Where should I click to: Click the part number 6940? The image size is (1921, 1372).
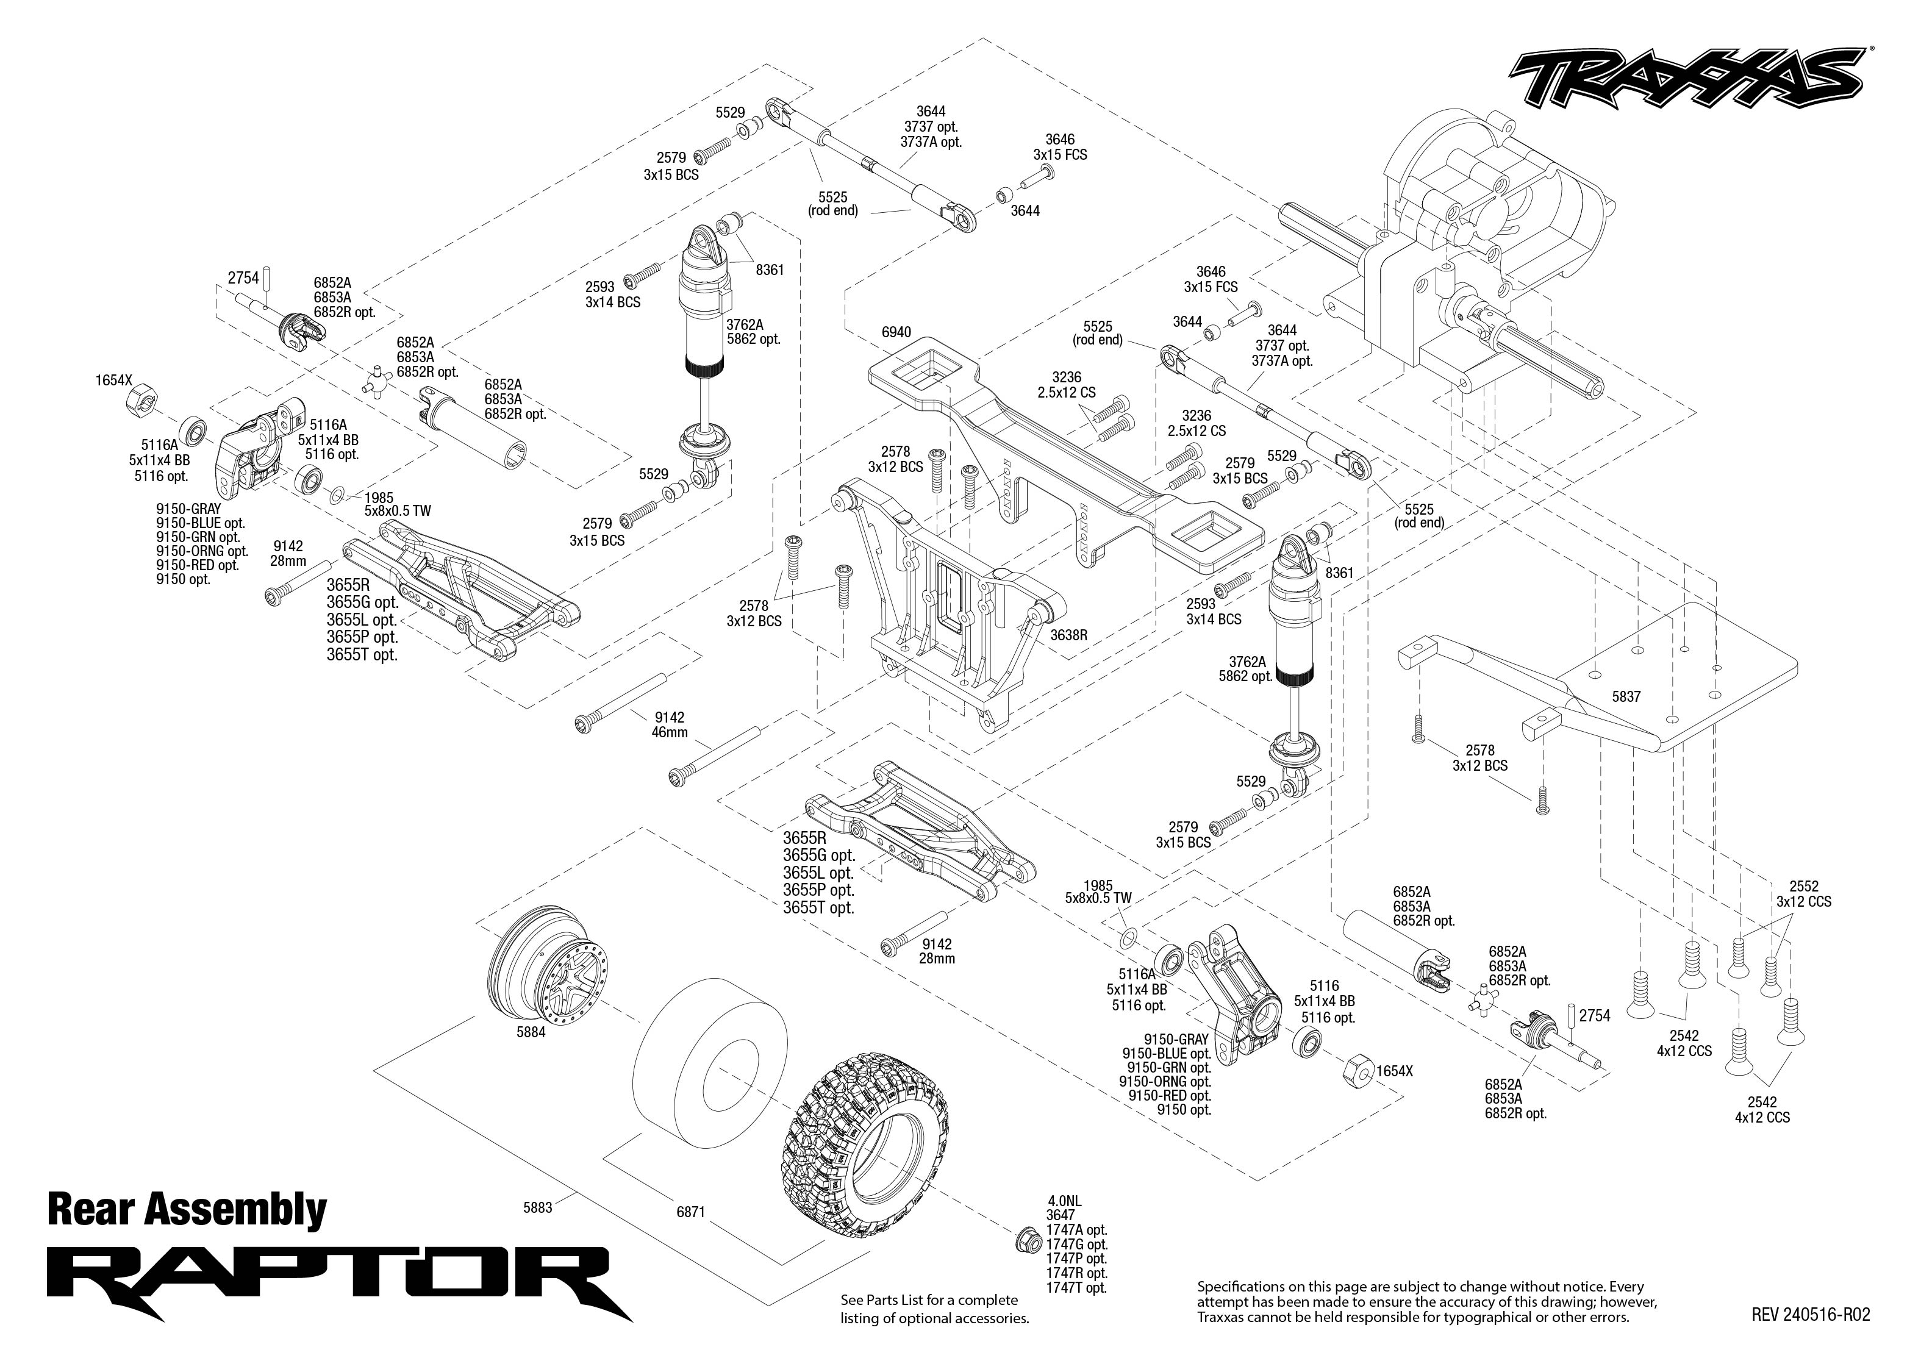point(896,332)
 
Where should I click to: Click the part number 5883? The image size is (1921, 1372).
point(537,1207)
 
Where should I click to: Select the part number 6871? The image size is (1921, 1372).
point(690,1212)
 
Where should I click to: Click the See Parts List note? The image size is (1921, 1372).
point(934,1309)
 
